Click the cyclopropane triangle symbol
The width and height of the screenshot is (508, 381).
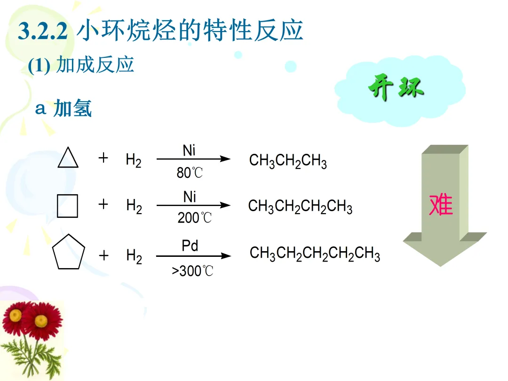pos(68,158)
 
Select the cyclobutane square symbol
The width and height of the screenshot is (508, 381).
pos(67,206)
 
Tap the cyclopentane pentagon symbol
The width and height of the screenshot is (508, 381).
pos(69,255)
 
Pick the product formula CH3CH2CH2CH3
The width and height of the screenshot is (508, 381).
pos(300,206)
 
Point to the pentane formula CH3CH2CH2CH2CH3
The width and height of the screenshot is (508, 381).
pos(315,254)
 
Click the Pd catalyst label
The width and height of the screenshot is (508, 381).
pos(190,246)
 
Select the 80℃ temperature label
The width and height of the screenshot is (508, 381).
pos(190,173)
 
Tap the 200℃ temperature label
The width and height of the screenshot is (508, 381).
pos(194,218)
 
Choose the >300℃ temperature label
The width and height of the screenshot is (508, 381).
pos(192,271)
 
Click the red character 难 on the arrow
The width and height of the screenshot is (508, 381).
pos(441,205)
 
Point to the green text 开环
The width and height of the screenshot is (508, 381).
pos(396,88)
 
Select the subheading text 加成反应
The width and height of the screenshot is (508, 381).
pos(95,65)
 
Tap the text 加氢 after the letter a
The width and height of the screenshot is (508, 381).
pos(72,108)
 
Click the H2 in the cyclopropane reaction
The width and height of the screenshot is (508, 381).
pos(134,160)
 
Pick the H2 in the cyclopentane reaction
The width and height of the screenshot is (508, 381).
pos(134,256)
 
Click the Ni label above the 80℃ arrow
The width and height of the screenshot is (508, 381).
pos(189,151)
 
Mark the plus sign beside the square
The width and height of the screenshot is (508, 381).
pos(103,205)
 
